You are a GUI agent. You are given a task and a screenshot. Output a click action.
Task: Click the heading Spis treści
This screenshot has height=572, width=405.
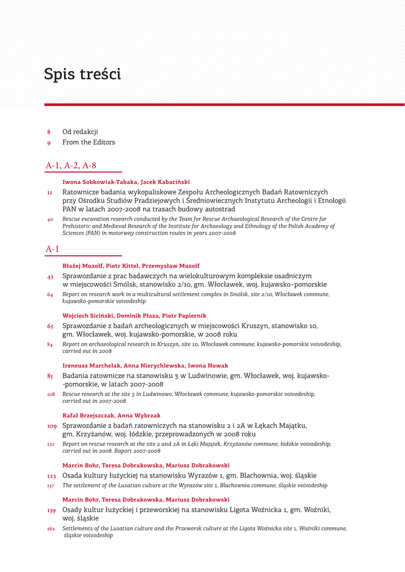pos(82,74)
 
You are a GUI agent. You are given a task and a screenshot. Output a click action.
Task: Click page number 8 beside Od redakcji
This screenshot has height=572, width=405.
pos(49,132)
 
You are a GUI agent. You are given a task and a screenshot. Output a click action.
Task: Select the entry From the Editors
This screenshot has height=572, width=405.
pos(88,142)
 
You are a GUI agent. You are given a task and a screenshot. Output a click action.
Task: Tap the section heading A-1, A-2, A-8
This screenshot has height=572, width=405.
pos(71,165)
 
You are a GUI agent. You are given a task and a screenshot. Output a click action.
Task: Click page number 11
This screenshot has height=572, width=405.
pos(50,193)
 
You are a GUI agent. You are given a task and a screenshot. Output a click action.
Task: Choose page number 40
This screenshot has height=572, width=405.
pos(50,220)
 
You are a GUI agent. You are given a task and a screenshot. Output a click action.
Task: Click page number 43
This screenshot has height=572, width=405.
pos(50,277)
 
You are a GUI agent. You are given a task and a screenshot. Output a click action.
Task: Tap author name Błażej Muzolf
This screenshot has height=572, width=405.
pos(82,266)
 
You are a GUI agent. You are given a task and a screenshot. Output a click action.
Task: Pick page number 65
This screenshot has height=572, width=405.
pos(50,326)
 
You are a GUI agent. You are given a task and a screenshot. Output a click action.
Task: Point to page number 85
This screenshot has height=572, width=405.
pos(50,376)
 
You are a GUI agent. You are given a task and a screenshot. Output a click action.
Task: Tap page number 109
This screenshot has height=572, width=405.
pos(51,426)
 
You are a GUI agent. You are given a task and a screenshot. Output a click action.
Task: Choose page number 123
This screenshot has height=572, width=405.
pos(51,476)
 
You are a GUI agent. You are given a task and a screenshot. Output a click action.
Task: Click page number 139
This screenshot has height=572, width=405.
pos(51,510)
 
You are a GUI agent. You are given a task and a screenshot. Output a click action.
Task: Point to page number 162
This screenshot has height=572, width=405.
pos(51,528)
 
